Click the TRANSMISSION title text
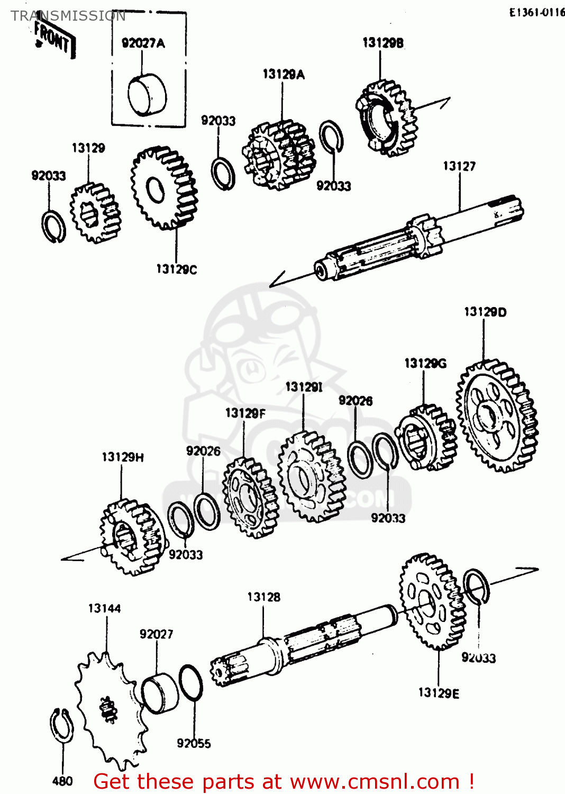pyautogui.click(x=68, y=16)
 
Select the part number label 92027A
pyautogui.click(x=143, y=43)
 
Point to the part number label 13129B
pyautogui.click(x=382, y=43)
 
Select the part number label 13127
pyautogui.click(x=459, y=167)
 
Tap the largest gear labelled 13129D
pyautogui.click(x=497, y=416)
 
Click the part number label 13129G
pyautogui.click(x=425, y=363)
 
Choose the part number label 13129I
pyautogui.click(x=304, y=387)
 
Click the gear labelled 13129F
pyautogui.click(x=249, y=498)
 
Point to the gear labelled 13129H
pyautogui.click(x=131, y=537)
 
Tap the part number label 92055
pyautogui.click(x=194, y=744)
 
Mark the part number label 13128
pyautogui.click(x=263, y=597)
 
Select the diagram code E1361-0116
pyautogui.click(x=536, y=13)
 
